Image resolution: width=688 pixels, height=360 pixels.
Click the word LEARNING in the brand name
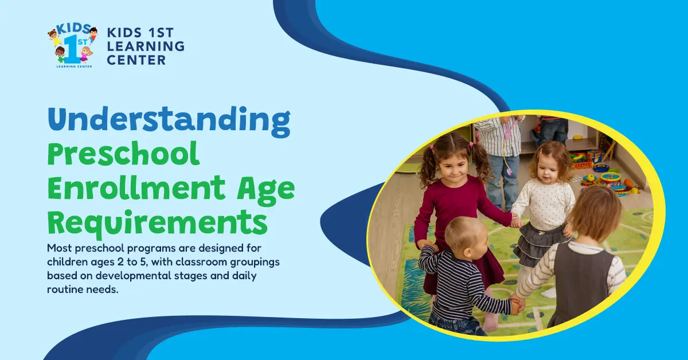point(146,46)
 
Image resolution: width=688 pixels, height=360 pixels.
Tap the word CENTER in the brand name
point(136,60)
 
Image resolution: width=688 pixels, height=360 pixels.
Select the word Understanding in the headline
point(169,119)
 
